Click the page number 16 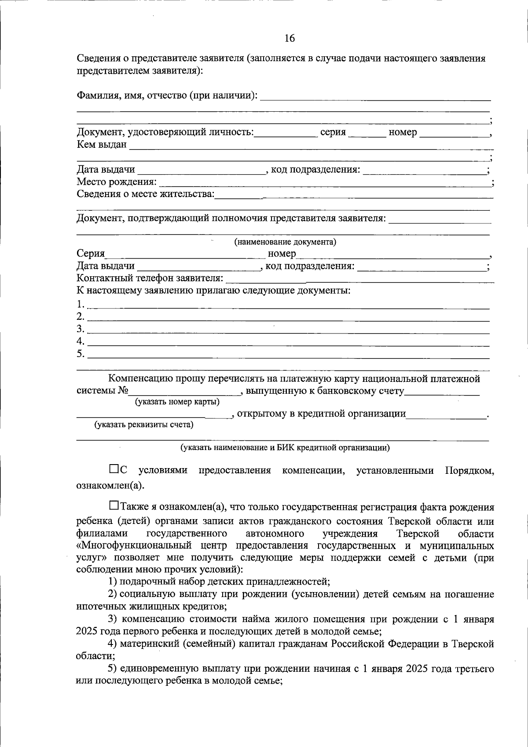pos(290,38)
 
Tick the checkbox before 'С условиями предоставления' pos(114,469)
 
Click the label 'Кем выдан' pos(102,144)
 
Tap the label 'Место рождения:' pos(117,182)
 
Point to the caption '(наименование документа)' pos(285,242)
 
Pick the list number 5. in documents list pos(80,354)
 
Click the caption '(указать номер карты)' pos(177,402)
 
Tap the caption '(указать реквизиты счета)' pos(144,425)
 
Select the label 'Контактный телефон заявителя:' pos(150,278)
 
